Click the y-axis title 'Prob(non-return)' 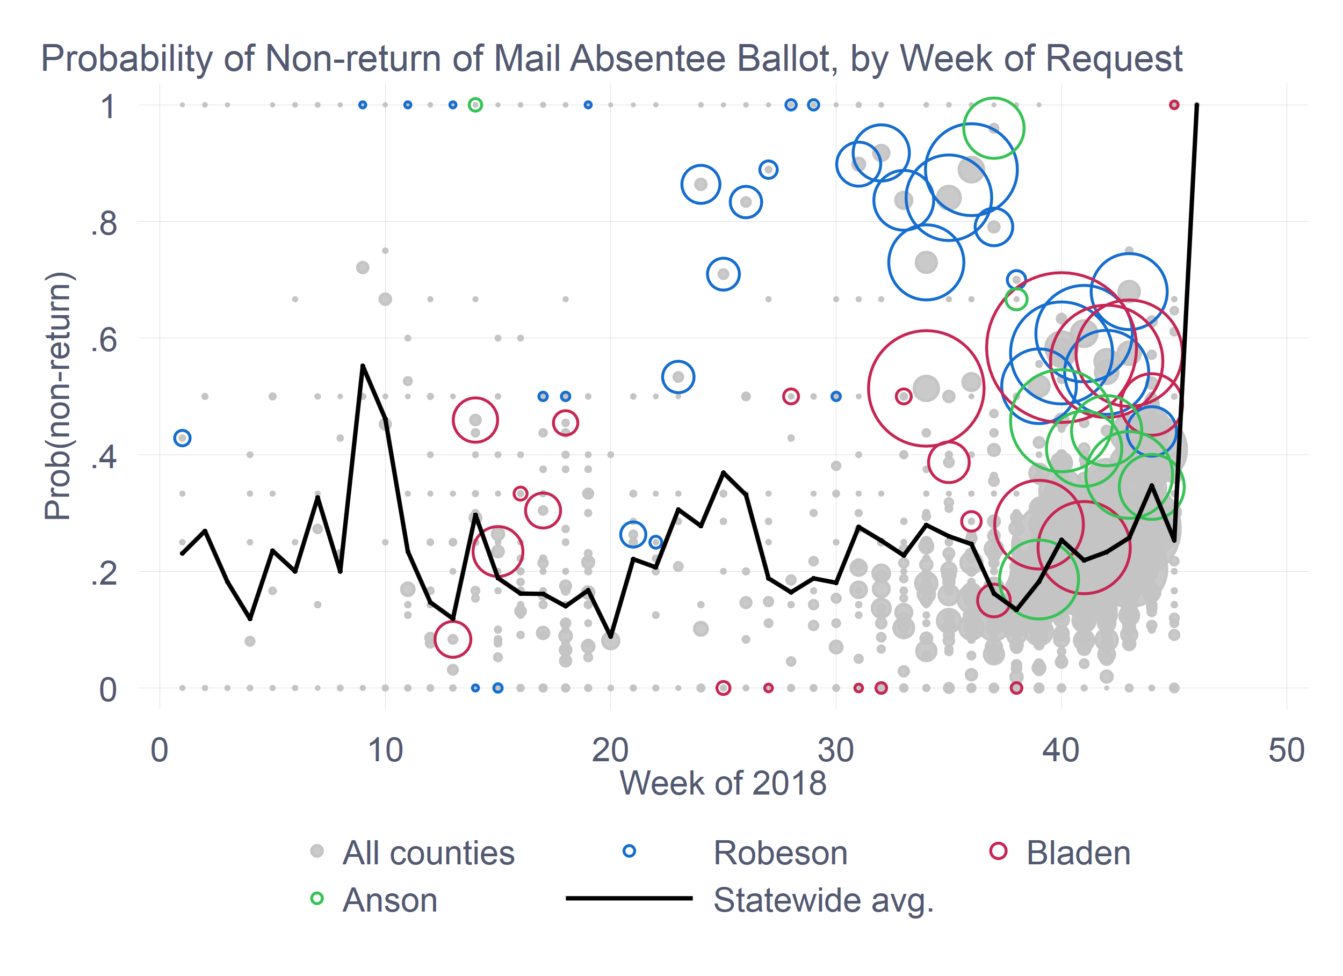[x=58, y=396]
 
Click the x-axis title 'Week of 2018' [x=723, y=783]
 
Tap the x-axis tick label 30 [x=835, y=750]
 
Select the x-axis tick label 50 [x=1286, y=750]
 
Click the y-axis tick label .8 [x=104, y=224]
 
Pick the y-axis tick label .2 [x=104, y=573]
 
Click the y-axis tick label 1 [x=108, y=107]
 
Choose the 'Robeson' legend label [x=781, y=853]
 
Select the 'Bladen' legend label [x=1078, y=853]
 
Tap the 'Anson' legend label [x=389, y=900]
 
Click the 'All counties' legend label [x=428, y=853]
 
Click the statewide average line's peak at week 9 [x=363, y=366]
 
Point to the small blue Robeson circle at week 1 [x=183, y=438]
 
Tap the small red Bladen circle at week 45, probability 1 [x=1174, y=105]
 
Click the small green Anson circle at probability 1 [x=475, y=105]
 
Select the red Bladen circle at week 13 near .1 [x=452, y=639]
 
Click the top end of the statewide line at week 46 [x=1197, y=105]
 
